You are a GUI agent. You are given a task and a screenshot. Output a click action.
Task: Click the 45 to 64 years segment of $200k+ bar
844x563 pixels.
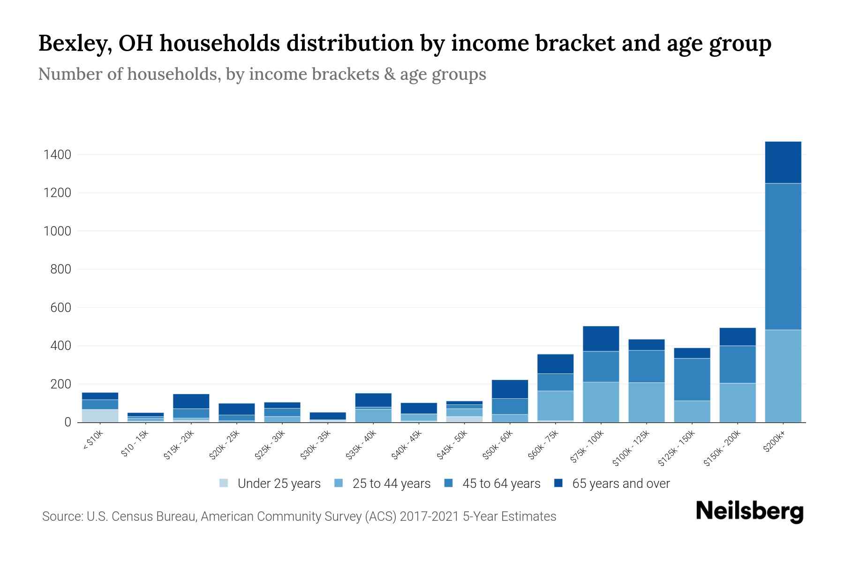click(783, 256)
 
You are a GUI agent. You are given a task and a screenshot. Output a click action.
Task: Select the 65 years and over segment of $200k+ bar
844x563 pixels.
click(783, 162)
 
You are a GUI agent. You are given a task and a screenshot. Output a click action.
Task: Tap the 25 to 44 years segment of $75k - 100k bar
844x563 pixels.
click(601, 402)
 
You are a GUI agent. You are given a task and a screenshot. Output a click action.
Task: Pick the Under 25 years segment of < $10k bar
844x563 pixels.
click(100, 416)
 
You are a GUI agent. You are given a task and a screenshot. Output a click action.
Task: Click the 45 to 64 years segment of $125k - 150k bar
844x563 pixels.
click(692, 380)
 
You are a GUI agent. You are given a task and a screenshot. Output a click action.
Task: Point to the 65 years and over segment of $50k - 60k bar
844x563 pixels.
click(510, 389)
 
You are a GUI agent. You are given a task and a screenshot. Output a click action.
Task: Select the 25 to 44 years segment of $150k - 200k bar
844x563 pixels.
click(737, 403)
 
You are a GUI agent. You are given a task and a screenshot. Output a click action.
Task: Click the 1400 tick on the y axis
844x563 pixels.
click(57, 154)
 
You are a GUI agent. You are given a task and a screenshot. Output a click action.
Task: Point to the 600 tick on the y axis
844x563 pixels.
click(60, 308)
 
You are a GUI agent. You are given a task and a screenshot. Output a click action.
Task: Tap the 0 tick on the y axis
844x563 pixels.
click(68, 422)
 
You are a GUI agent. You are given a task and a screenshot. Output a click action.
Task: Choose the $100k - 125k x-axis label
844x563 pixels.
click(631, 448)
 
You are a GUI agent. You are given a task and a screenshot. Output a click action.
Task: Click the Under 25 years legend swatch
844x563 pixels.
click(224, 483)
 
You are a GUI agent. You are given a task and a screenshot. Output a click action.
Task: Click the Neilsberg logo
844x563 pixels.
click(749, 511)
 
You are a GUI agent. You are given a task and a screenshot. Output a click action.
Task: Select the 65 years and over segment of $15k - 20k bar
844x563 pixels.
click(191, 401)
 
